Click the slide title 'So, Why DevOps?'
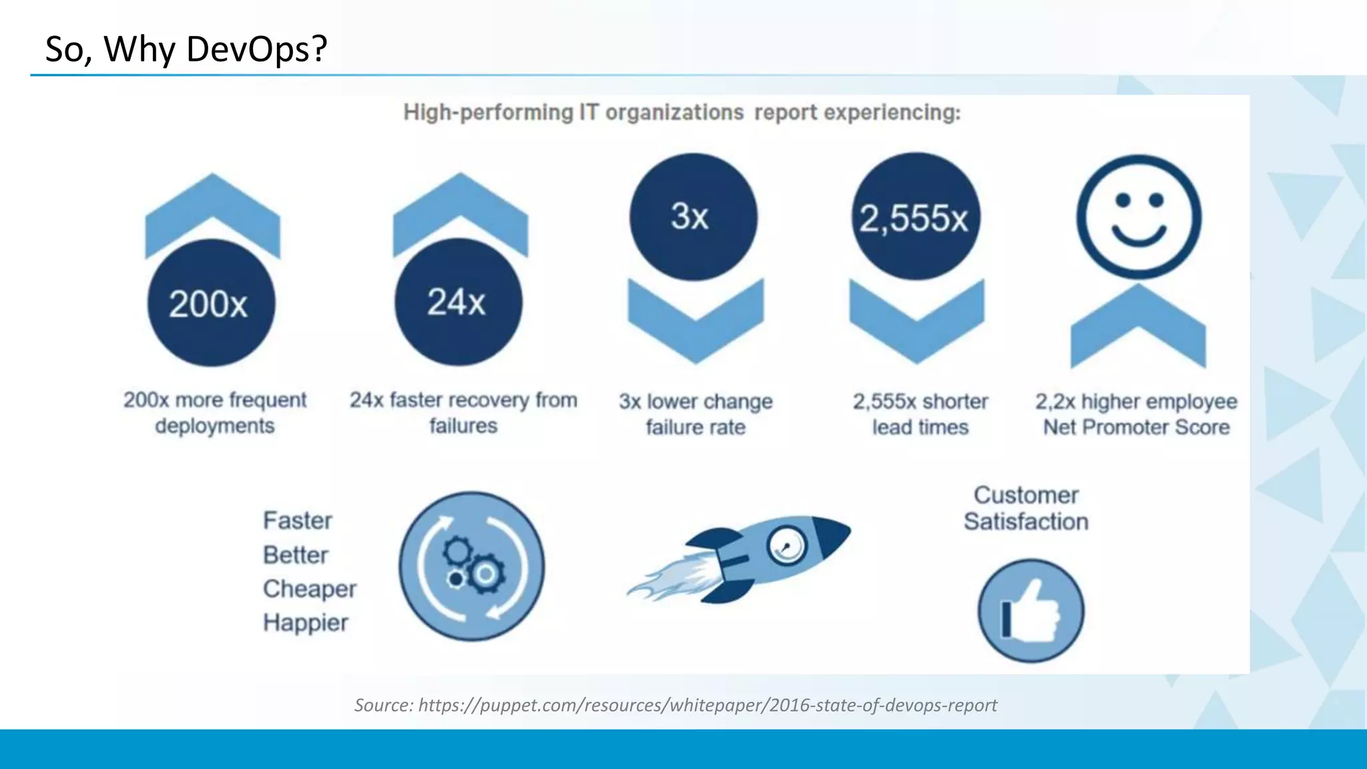[x=186, y=49]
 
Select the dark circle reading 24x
[x=458, y=302]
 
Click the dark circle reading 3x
[x=693, y=216]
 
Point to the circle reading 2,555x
[x=916, y=216]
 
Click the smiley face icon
[x=1139, y=216]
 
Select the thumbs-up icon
[x=1031, y=611]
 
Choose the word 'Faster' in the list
[x=297, y=521]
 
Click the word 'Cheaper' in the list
[x=310, y=589]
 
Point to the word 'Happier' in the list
[x=306, y=623]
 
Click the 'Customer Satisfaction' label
[x=1026, y=508]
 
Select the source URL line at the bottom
[x=675, y=705]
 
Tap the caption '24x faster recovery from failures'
[x=463, y=413]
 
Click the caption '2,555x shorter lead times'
[x=920, y=414]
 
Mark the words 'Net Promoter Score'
[x=1136, y=427]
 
